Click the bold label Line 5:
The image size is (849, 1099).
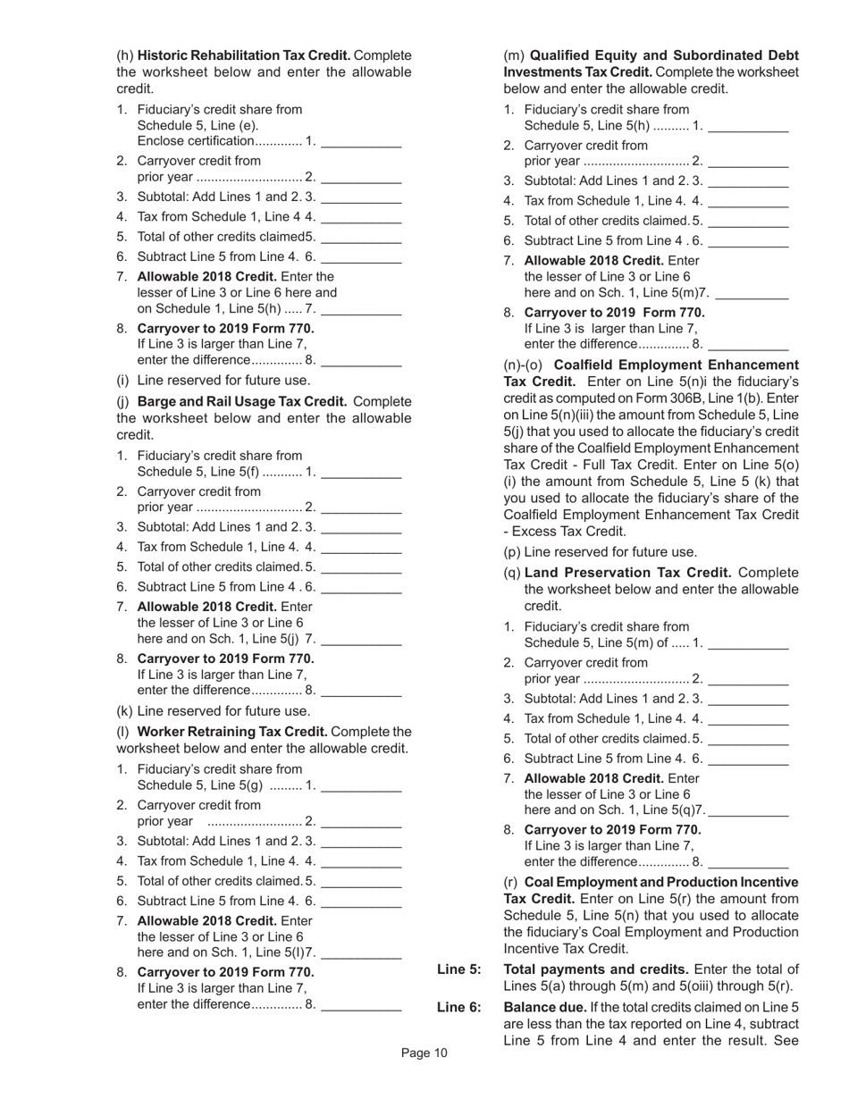coord(458,969)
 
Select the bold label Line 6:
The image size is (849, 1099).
coord(458,1007)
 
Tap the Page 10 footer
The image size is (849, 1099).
coord(424,1053)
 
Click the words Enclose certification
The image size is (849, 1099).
coord(196,141)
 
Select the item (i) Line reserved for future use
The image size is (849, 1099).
coord(214,380)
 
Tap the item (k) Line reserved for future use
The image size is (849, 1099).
coord(214,711)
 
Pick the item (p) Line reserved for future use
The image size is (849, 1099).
coord(601,552)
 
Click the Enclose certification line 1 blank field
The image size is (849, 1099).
coord(360,141)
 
